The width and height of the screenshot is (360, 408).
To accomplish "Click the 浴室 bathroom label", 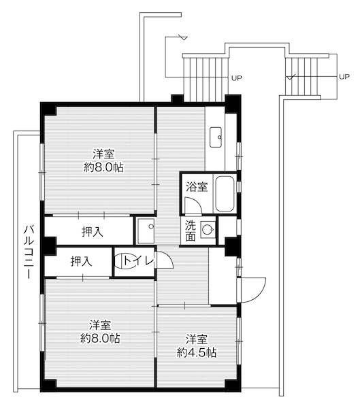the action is click(x=197, y=186).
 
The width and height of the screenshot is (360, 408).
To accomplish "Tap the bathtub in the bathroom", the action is click(x=225, y=194).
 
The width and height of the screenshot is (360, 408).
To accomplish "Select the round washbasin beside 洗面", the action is click(x=208, y=230).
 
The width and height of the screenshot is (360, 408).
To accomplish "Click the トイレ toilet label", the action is click(x=138, y=260).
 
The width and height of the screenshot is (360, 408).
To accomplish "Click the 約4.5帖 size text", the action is click(x=197, y=352).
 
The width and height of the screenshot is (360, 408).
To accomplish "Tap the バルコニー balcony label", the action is click(x=29, y=252).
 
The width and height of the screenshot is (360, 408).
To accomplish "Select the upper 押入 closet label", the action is click(x=93, y=231).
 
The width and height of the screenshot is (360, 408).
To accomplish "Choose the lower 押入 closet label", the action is click(x=81, y=261).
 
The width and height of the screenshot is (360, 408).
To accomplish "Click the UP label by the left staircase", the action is click(x=237, y=78).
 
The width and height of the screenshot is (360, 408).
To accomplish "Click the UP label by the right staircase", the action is click(x=344, y=77).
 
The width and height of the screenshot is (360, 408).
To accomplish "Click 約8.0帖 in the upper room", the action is click(x=103, y=167).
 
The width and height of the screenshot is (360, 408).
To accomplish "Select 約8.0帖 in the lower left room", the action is click(x=100, y=338).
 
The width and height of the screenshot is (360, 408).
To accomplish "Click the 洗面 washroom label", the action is click(x=191, y=231).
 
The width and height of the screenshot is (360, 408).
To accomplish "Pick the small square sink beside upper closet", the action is click(x=146, y=231).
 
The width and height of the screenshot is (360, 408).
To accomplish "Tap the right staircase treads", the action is click(x=302, y=76).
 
